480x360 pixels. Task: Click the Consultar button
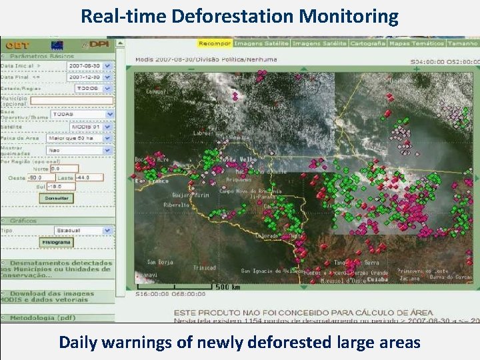coord(57,199)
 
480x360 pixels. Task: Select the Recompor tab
coord(214,43)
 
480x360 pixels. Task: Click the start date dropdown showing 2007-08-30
coord(89,67)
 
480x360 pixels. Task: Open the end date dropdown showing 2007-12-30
coord(89,77)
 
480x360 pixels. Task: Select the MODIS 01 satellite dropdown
coord(91,127)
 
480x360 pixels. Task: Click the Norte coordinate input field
coord(64,169)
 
